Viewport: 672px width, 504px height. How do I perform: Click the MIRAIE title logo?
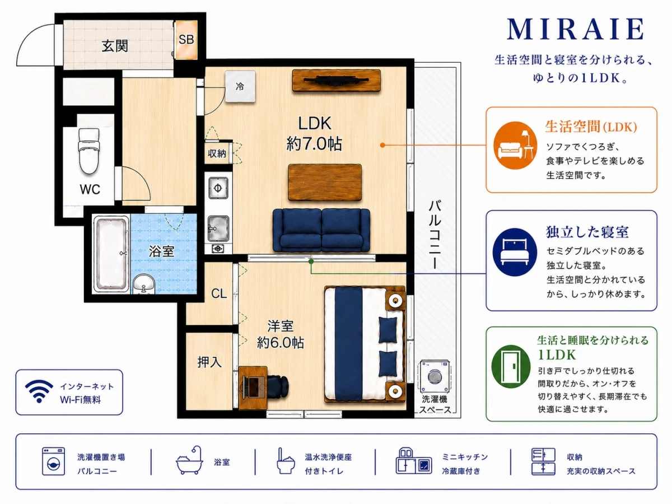click(575, 29)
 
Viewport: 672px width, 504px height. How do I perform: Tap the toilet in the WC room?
click(89, 151)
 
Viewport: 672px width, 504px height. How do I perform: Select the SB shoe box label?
click(186, 39)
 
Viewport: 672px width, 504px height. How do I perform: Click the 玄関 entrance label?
click(115, 46)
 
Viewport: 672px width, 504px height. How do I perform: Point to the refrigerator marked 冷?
click(240, 86)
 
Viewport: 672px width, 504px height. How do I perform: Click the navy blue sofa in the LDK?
click(321, 230)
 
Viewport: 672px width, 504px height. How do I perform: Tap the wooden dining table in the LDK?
click(325, 183)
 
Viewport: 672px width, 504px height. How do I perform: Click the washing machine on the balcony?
click(434, 376)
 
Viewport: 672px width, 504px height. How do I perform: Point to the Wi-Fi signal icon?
click(39, 391)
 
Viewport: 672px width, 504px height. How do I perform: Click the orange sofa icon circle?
click(515, 146)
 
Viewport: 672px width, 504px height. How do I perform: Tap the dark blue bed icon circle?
click(515, 252)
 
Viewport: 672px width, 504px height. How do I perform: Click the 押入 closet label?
click(209, 362)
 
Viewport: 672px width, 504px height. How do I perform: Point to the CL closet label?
click(219, 293)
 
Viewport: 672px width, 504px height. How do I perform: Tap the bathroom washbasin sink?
click(144, 284)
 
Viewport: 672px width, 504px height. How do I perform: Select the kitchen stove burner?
click(218, 188)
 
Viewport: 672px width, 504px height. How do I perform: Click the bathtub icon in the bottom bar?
click(190, 460)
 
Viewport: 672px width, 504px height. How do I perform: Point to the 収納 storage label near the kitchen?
click(217, 153)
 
